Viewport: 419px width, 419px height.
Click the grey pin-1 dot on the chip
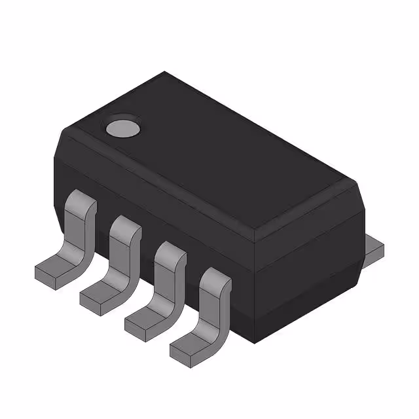(x=123, y=127)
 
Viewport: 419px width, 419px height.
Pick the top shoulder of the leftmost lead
(x=82, y=200)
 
